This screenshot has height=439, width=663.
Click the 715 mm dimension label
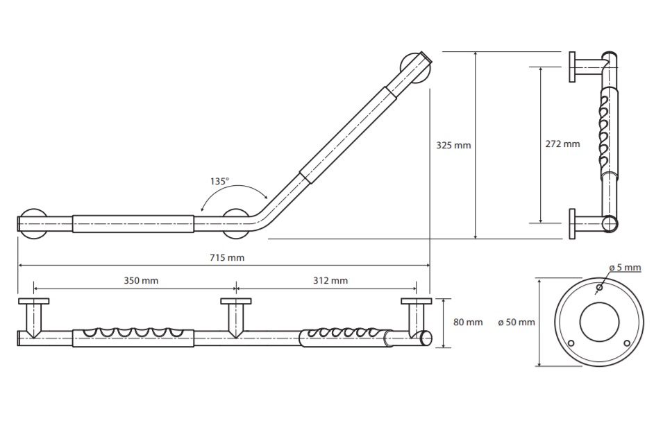(x=227, y=257)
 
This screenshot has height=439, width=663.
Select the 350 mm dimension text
(x=141, y=281)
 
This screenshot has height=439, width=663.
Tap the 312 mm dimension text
(x=330, y=281)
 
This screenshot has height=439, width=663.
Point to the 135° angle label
(x=219, y=181)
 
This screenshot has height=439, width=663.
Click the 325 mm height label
(x=453, y=146)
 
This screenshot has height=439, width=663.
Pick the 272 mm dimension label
(x=562, y=144)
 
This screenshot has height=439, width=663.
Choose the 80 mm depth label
(x=468, y=322)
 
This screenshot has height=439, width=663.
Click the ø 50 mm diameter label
(x=517, y=322)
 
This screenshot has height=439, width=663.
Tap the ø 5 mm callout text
(x=625, y=268)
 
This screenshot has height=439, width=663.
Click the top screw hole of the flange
(x=599, y=288)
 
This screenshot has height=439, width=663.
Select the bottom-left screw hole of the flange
(x=571, y=343)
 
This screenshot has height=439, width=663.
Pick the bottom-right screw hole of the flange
(x=627, y=343)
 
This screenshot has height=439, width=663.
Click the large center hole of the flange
(x=599, y=322)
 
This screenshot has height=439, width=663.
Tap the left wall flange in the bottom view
(x=34, y=301)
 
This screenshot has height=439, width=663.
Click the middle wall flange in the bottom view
(x=236, y=301)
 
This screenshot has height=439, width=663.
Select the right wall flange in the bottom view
(x=417, y=301)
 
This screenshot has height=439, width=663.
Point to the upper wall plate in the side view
(x=571, y=67)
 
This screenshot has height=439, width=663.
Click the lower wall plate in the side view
(x=571, y=224)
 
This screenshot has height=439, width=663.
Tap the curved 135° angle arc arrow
(x=234, y=185)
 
